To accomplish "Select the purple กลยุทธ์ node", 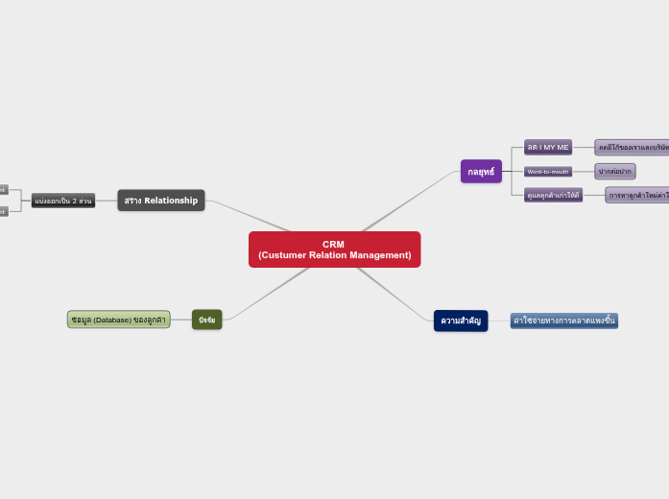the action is (481, 172).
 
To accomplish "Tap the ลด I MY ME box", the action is (548, 147).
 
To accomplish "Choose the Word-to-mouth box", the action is (548, 172).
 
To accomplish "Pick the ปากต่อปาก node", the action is (614, 172).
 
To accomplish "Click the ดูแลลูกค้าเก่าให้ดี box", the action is (554, 195).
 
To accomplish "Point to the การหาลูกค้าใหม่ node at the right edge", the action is (637, 195).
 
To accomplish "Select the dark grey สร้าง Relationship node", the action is (161, 201).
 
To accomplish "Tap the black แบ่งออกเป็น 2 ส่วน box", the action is (63, 201).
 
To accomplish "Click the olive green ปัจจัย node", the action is (206, 320).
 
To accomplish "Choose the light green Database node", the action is (118, 320).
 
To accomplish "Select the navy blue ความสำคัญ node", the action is (461, 321).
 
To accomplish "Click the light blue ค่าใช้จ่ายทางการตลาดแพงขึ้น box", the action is (564, 321).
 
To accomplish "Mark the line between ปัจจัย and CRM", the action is (269, 295).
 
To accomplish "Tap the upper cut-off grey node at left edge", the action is (3, 190).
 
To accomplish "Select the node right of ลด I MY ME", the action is (632, 147).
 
